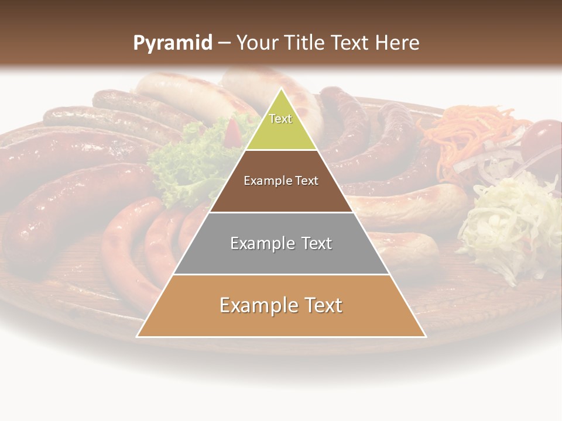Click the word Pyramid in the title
172,43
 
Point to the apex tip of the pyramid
281,89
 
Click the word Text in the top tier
280,119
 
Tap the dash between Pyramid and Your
224,43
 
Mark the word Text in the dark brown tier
306,181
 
